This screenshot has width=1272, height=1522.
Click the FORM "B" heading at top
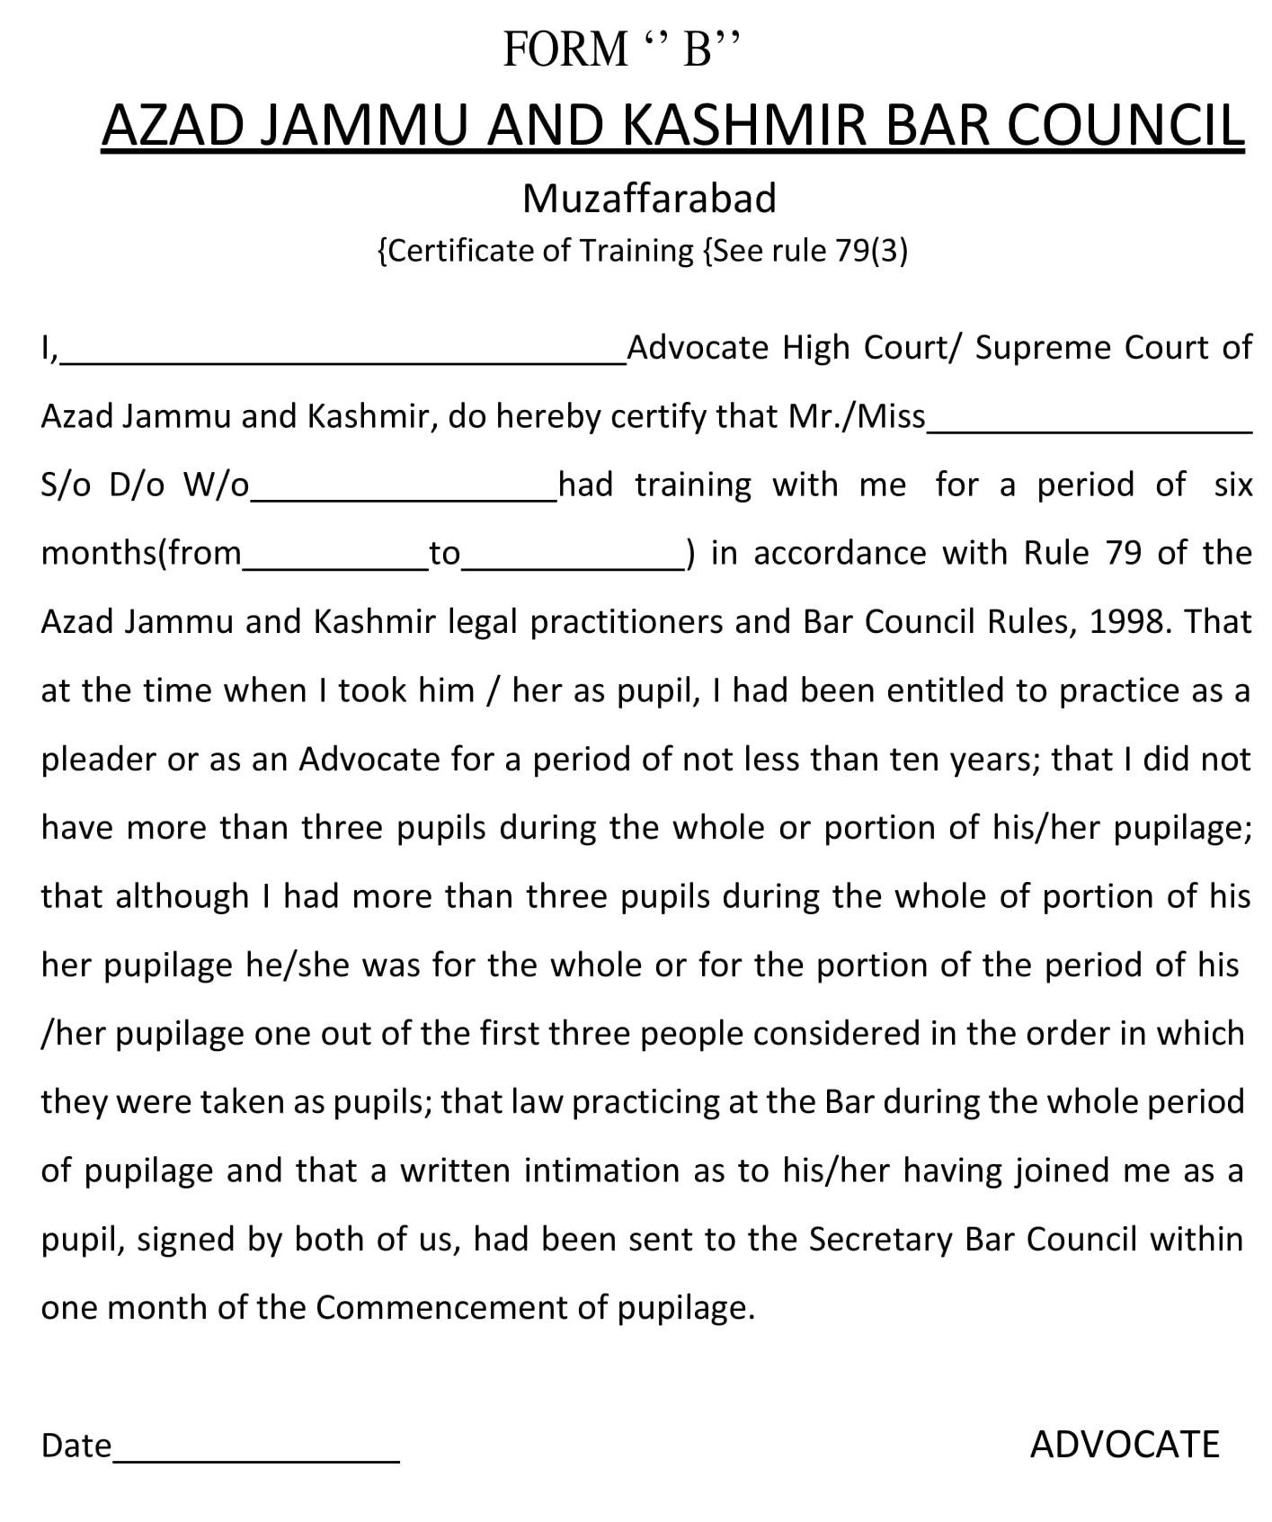[621, 49]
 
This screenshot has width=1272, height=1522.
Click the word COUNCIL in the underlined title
[1125, 125]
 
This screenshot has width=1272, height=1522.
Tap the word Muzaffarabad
[649, 199]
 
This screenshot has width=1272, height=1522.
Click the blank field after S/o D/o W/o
[404, 495]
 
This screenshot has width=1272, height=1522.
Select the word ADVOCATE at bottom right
[1125, 1445]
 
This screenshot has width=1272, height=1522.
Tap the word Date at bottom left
[76, 1446]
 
